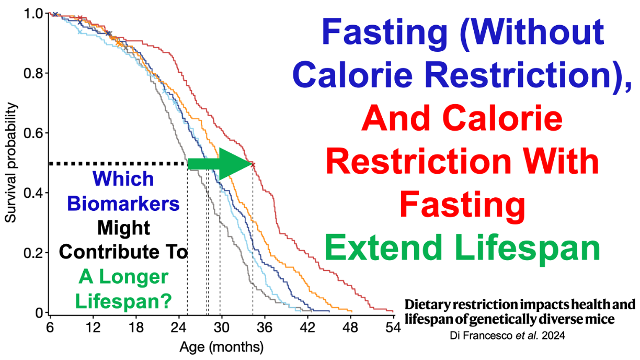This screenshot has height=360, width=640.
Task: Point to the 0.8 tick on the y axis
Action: pyautogui.click(x=47, y=73)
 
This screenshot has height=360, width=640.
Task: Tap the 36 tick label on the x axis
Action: pyautogui.click(x=264, y=328)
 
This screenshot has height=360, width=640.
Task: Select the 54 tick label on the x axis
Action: pyautogui.click(x=393, y=328)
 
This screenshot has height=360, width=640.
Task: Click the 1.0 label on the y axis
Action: pyautogui.click(x=33, y=14)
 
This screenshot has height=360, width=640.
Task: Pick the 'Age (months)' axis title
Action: pyautogui.click(x=221, y=347)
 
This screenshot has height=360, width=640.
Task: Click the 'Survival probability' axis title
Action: pyautogui.click(x=10, y=162)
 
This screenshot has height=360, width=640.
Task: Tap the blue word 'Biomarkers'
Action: pyautogui.click(x=123, y=204)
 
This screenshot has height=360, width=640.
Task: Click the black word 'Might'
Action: pyautogui.click(x=123, y=228)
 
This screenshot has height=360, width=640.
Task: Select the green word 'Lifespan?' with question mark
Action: pyautogui.click(x=123, y=301)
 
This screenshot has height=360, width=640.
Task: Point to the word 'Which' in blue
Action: pyautogui.click(x=123, y=179)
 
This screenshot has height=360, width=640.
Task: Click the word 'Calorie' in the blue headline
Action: pyautogui.click(x=353, y=75)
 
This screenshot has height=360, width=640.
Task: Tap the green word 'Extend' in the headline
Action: pyautogui.click(x=383, y=247)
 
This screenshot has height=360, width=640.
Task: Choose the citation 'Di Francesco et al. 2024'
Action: pyautogui.click(x=507, y=335)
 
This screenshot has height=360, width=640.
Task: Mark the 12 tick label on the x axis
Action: pyautogui.click(x=93, y=328)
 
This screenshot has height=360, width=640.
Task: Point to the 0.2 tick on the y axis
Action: pyautogui.click(x=47, y=253)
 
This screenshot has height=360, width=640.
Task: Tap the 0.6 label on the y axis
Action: pyautogui.click(x=33, y=133)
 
